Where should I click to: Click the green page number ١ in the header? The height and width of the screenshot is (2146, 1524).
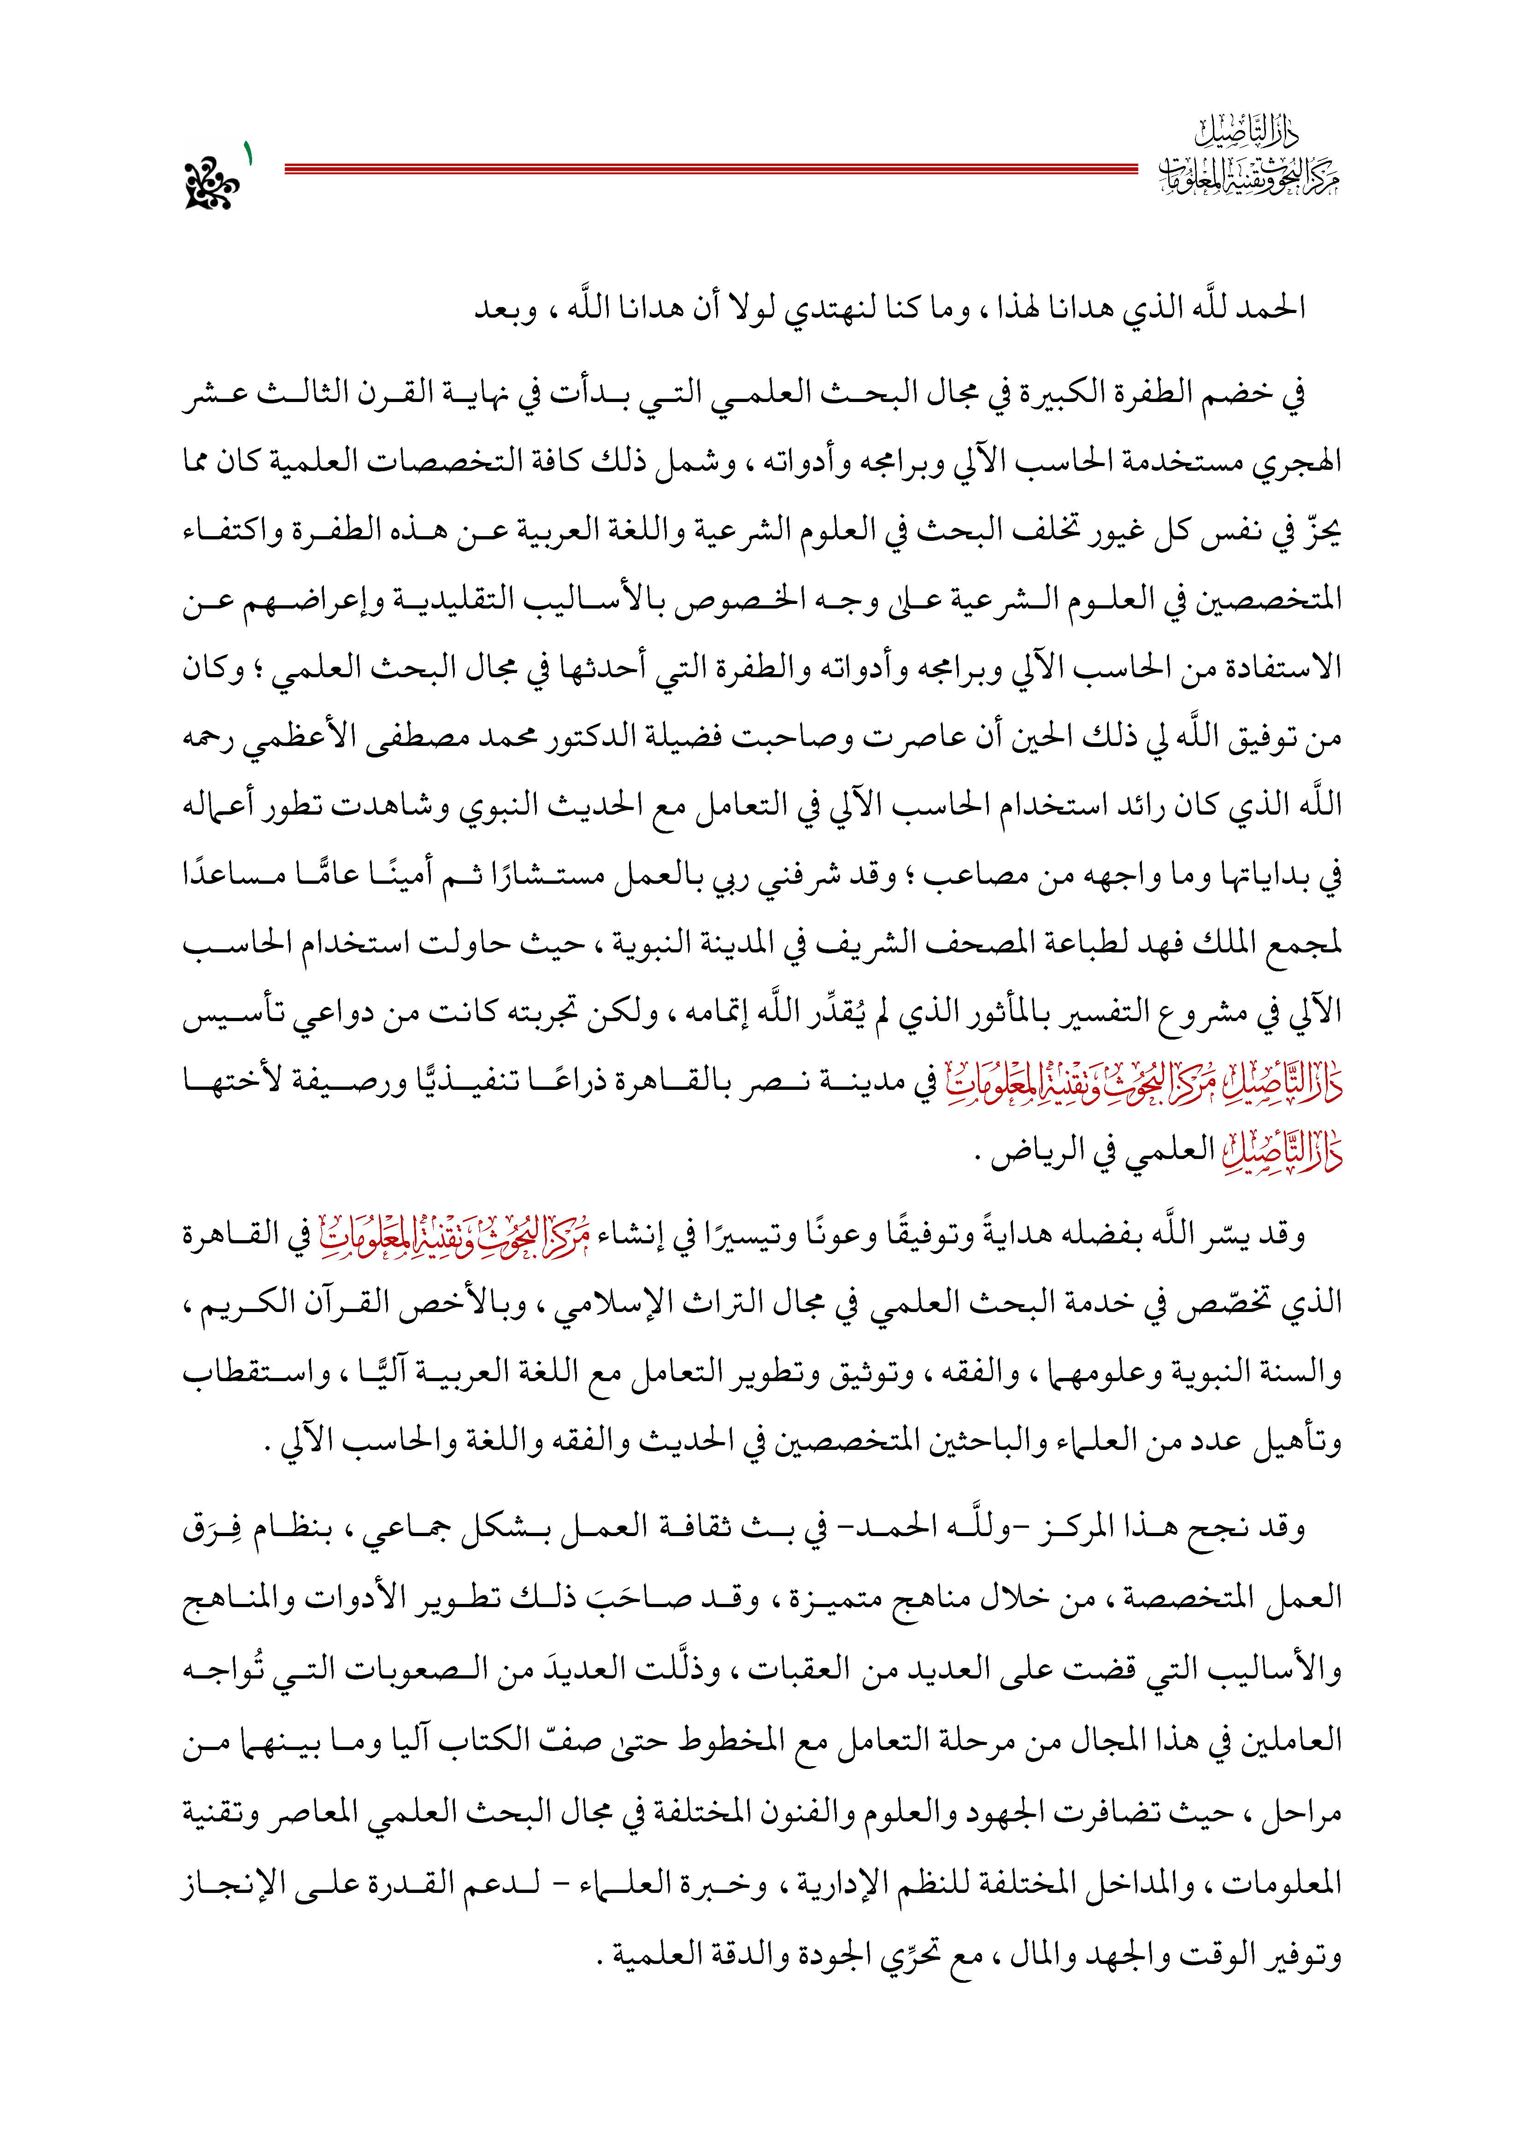point(250,152)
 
